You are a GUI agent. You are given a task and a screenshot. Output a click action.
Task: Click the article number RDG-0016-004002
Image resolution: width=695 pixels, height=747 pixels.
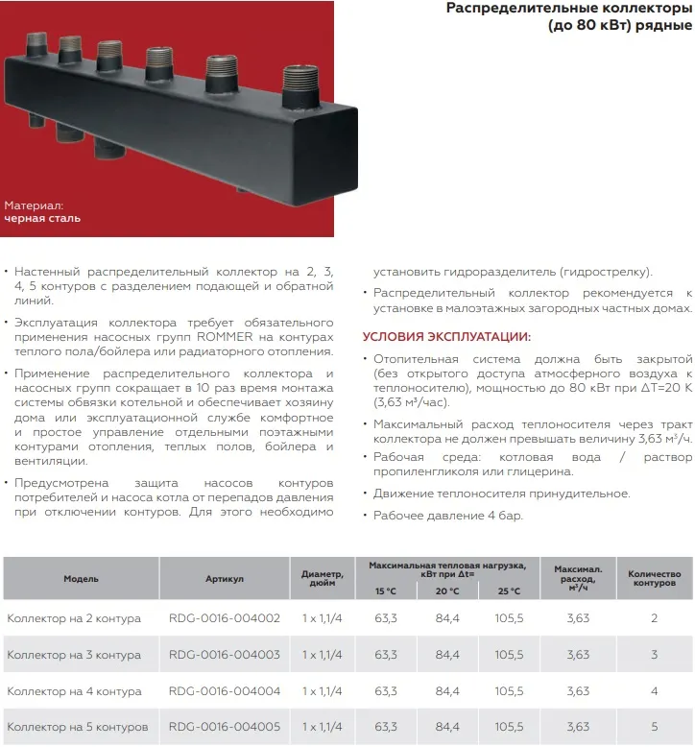point(224,618)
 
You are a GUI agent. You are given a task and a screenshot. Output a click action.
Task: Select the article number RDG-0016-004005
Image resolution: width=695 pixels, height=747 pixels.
point(224,728)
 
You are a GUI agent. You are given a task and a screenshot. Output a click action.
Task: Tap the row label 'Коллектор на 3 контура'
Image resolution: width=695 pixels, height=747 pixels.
point(74,655)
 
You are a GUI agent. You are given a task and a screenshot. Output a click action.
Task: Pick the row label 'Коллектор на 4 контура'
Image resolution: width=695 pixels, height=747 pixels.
point(74,691)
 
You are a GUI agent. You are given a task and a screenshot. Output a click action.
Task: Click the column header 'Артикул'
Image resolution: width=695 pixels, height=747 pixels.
point(225,579)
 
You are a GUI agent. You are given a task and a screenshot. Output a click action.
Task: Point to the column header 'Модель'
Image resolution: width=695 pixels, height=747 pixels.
point(81,579)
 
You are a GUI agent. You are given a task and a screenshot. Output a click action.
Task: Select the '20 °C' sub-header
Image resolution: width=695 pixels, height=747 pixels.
point(447,591)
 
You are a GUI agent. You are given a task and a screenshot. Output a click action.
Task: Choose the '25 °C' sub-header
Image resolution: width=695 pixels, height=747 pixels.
point(509,591)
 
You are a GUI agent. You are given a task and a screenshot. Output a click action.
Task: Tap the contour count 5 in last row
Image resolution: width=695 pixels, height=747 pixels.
point(654,728)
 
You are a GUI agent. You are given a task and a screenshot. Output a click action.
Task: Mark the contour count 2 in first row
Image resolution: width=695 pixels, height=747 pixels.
point(654,618)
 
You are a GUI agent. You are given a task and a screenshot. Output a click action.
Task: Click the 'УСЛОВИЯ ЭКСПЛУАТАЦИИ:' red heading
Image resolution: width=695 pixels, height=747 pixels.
point(446,337)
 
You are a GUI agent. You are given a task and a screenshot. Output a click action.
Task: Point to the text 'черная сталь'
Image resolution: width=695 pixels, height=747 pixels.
point(42,218)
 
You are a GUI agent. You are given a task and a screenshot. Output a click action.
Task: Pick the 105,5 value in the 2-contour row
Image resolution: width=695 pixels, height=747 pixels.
point(509,618)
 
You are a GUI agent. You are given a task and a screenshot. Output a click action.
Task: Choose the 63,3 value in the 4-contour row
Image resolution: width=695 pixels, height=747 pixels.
point(386,691)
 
